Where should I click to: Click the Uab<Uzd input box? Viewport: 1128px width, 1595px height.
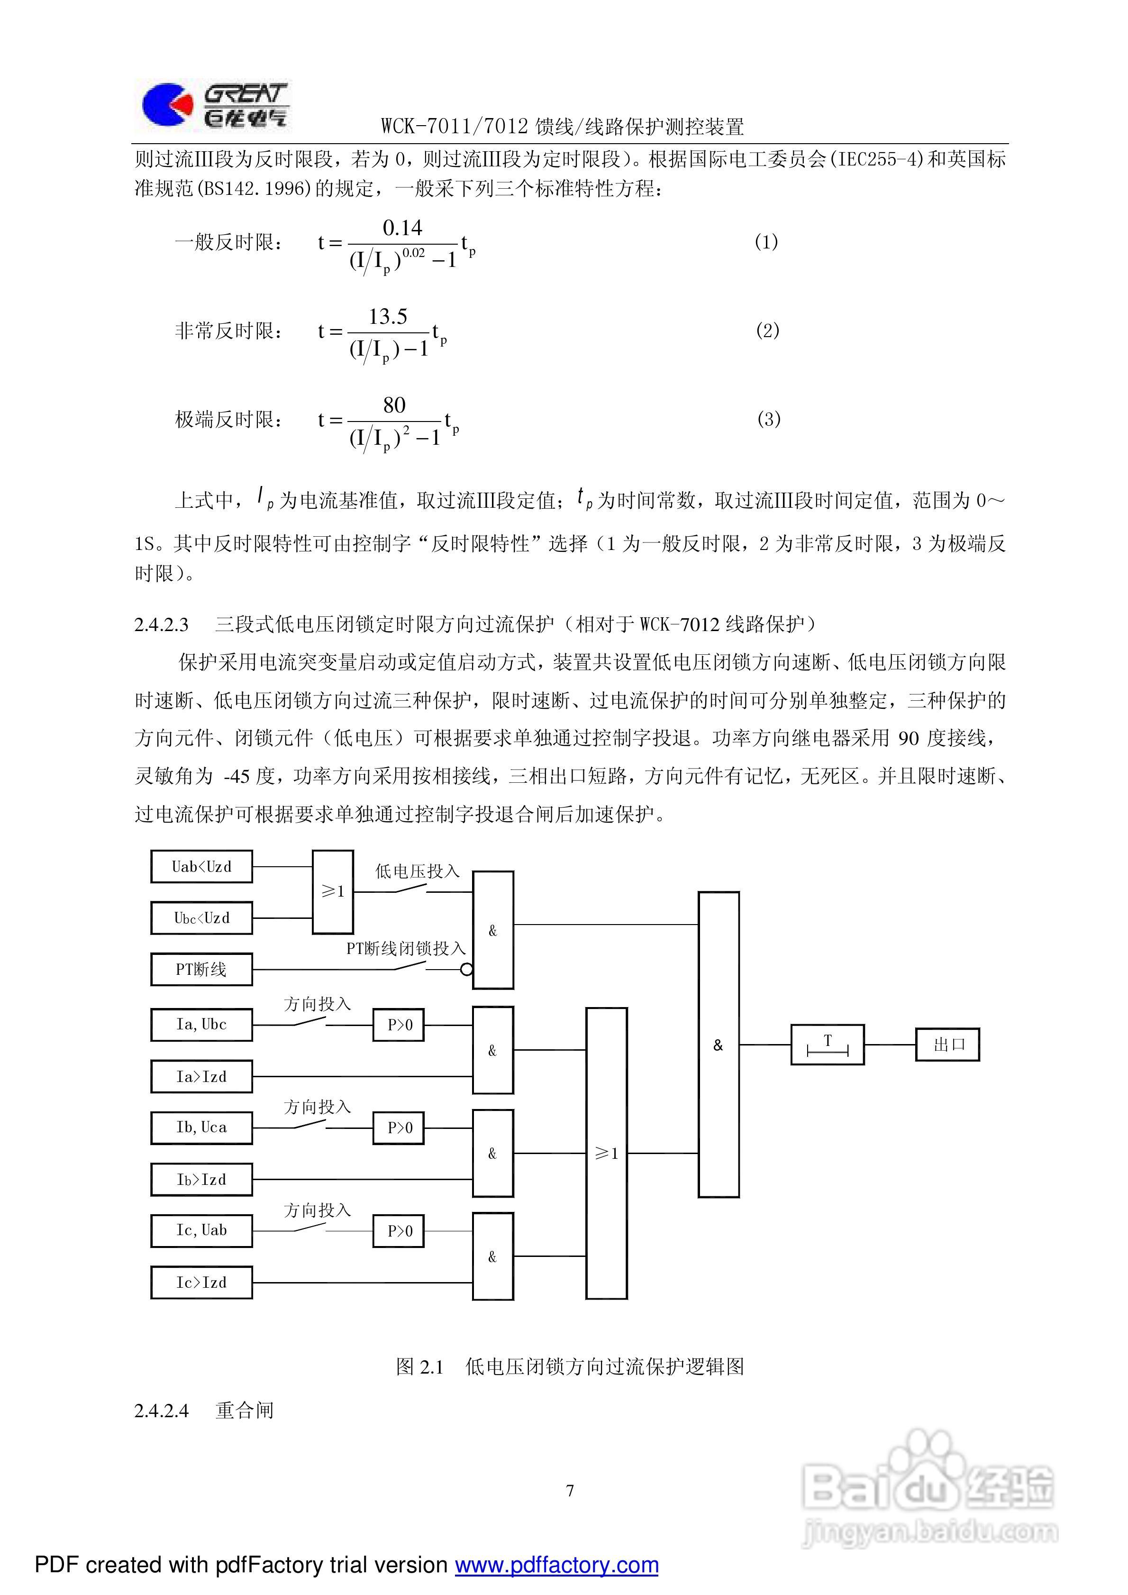201,867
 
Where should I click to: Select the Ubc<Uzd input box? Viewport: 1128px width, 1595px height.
201,918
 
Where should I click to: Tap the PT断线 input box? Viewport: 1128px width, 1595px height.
201,970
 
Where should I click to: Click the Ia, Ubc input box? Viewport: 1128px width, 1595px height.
201,1025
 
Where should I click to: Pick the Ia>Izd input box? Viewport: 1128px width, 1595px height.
201,1077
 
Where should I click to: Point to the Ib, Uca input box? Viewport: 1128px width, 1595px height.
201,1127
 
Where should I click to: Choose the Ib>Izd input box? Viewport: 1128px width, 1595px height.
201,1180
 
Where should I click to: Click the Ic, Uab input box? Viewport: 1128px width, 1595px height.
201,1230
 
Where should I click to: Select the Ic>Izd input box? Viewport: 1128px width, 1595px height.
201,1283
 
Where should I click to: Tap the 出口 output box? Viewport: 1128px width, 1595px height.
947,1045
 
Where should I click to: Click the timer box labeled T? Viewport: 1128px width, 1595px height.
827,1045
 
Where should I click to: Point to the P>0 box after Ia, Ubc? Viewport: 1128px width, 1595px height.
399,1025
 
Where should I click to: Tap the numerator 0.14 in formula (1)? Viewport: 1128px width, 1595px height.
402,228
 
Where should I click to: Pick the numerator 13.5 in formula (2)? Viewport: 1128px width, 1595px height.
388,317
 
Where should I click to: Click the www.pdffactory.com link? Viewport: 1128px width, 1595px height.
556,1565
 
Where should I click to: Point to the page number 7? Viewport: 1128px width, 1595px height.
570,1491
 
